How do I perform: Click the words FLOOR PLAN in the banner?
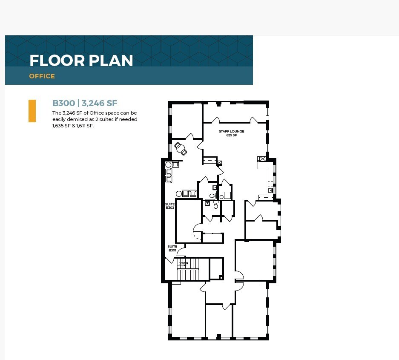[81, 60]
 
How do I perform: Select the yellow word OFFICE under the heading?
[42, 76]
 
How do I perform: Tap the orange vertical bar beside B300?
[32, 111]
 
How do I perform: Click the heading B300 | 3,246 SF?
[85, 103]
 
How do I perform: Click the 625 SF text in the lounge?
[232, 135]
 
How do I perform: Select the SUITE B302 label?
[170, 206]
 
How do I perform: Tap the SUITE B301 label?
[172, 248]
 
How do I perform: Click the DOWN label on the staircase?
[183, 263]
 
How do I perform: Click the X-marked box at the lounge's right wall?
[262, 159]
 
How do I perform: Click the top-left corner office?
[186, 120]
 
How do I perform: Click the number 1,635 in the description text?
[58, 126]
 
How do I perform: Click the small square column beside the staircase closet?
[221, 277]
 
